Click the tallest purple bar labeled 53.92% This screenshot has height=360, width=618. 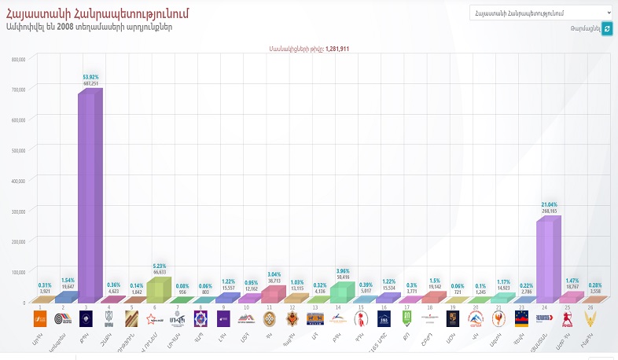click(87, 197)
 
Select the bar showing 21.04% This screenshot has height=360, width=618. click(546, 259)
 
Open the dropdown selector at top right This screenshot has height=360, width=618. click(541, 13)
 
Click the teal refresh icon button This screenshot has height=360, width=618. click(606, 28)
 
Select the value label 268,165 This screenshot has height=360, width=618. click(549, 211)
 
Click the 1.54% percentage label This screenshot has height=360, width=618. click(68, 281)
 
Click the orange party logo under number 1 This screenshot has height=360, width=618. click(39, 318)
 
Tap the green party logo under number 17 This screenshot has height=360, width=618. click(407, 318)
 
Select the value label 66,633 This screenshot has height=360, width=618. click(159, 271)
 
